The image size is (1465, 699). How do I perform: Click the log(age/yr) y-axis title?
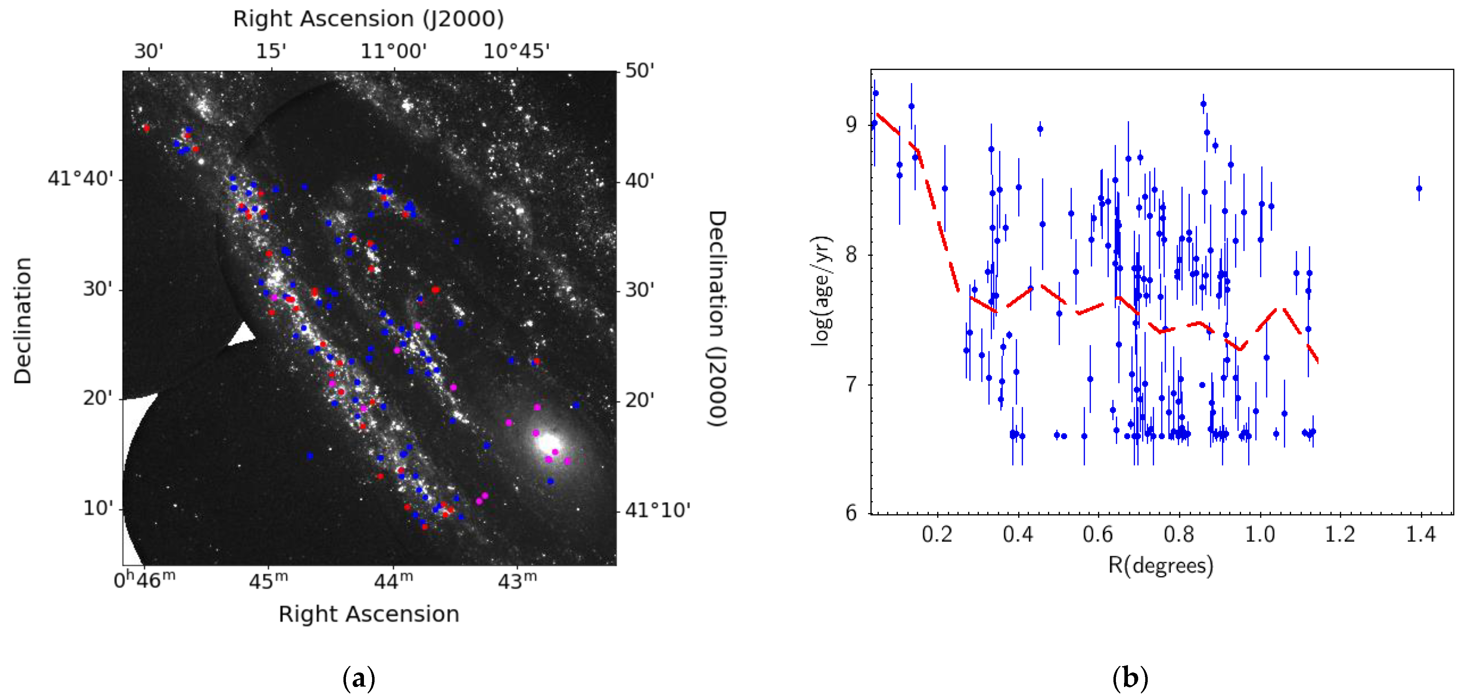coord(822,290)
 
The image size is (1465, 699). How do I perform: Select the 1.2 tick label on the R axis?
coord(1340,535)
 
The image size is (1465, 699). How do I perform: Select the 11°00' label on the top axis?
coord(394,51)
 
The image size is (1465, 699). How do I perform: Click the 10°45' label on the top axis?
coord(516,51)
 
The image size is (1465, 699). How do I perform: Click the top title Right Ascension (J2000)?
coord(369,19)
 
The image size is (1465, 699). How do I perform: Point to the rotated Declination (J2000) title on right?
coord(717,318)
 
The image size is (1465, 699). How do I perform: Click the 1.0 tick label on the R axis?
coord(1260,535)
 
